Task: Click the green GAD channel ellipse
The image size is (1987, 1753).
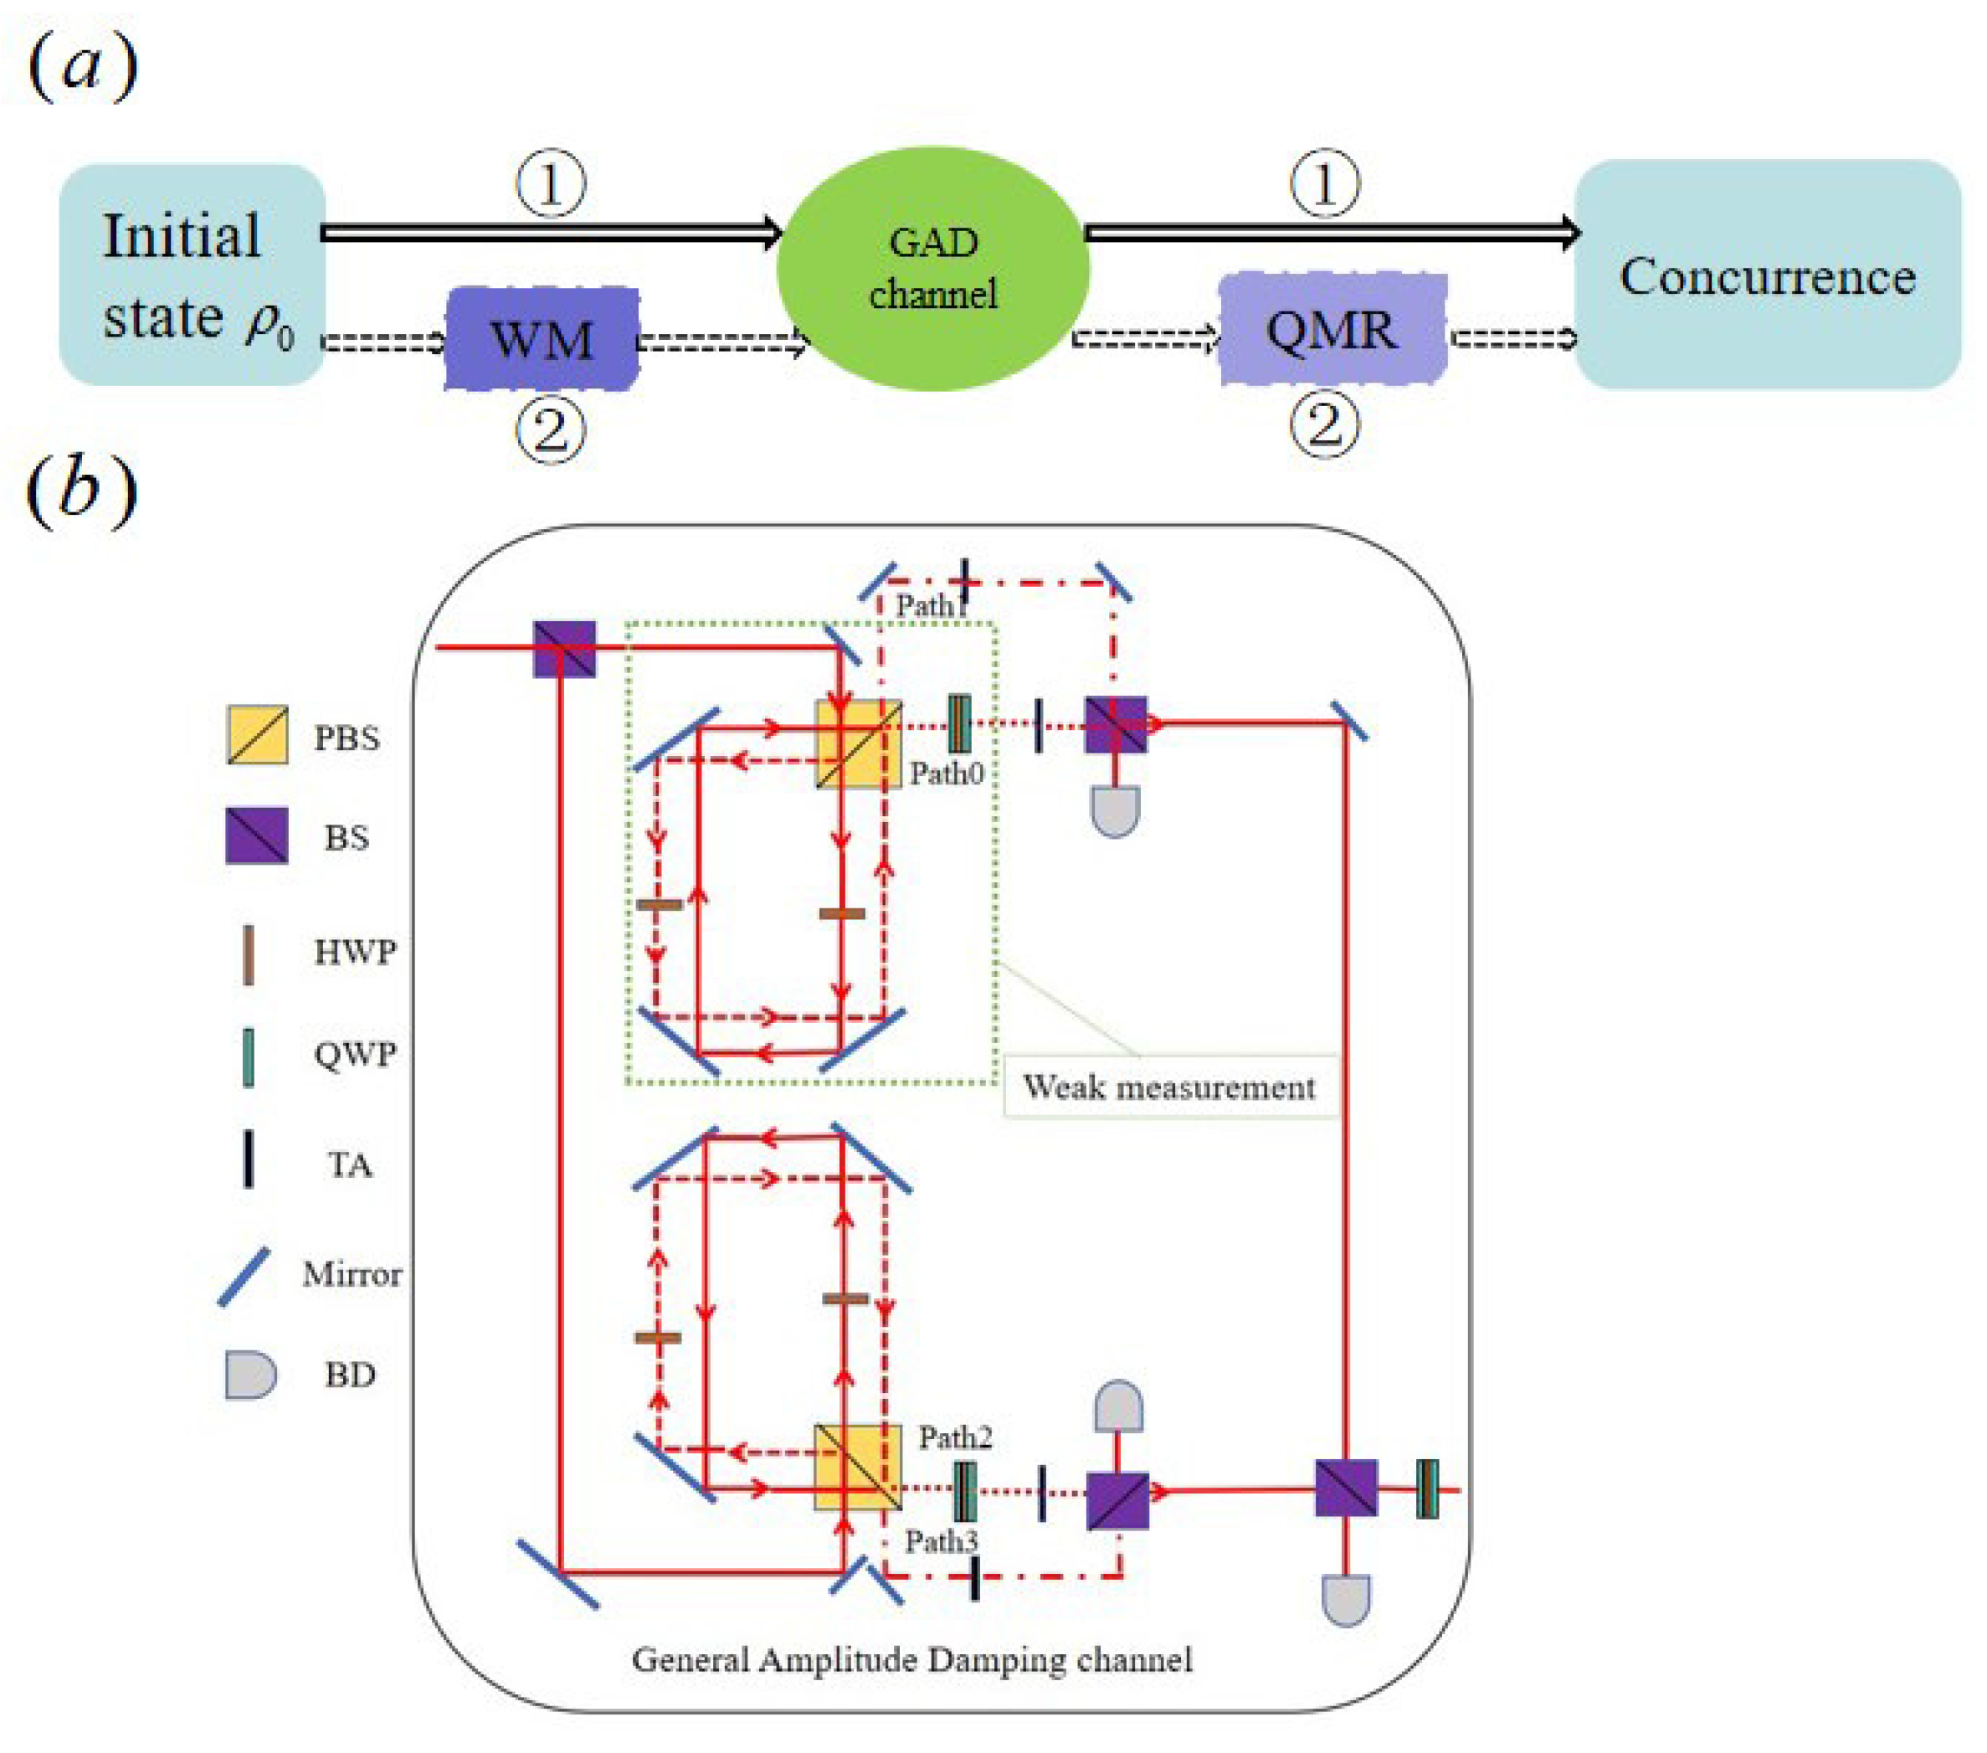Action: pyautogui.click(x=933, y=269)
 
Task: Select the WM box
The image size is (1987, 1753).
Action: pyautogui.click(x=542, y=338)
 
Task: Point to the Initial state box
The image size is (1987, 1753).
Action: pyautogui.click(x=192, y=275)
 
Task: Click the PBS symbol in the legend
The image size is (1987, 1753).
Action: pyautogui.click(x=258, y=735)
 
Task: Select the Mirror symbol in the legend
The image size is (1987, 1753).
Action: pyautogui.click(x=244, y=1277)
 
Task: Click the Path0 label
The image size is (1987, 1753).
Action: pyautogui.click(x=946, y=774)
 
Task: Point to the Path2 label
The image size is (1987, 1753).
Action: pyautogui.click(x=956, y=1438)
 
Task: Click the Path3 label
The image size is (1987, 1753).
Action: pyautogui.click(x=941, y=1542)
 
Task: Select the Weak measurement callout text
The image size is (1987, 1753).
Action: pyautogui.click(x=1169, y=1086)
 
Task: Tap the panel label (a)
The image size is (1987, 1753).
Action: pyautogui.click(x=83, y=68)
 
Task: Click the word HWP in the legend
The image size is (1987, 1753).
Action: pyautogui.click(x=355, y=952)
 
